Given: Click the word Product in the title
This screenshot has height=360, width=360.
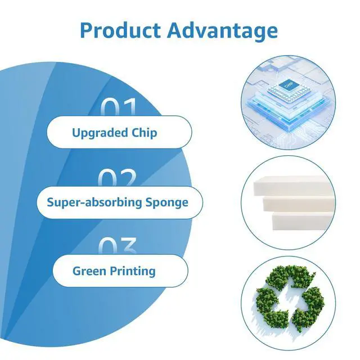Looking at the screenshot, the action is (x=121, y=30).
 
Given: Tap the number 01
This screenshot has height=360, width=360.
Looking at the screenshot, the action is (x=119, y=107).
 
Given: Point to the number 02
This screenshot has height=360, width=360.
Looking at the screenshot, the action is (x=118, y=178).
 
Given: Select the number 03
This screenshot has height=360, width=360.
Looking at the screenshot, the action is (x=118, y=246).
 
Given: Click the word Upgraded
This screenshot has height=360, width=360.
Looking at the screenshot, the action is (x=100, y=133).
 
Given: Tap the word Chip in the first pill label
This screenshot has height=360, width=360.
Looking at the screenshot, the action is (x=145, y=133).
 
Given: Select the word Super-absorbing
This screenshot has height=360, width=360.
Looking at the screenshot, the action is (x=94, y=202).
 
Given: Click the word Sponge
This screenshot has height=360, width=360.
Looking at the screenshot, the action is (x=167, y=202).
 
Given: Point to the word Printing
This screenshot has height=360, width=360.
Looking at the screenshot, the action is (x=133, y=271).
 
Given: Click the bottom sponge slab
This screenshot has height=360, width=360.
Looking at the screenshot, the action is (x=302, y=221).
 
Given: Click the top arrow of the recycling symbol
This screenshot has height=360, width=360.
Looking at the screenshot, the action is (x=290, y=277).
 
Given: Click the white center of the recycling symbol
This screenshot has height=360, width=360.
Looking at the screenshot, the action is (x=290, y=300).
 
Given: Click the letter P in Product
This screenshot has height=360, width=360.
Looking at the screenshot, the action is (x=86, y=30).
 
